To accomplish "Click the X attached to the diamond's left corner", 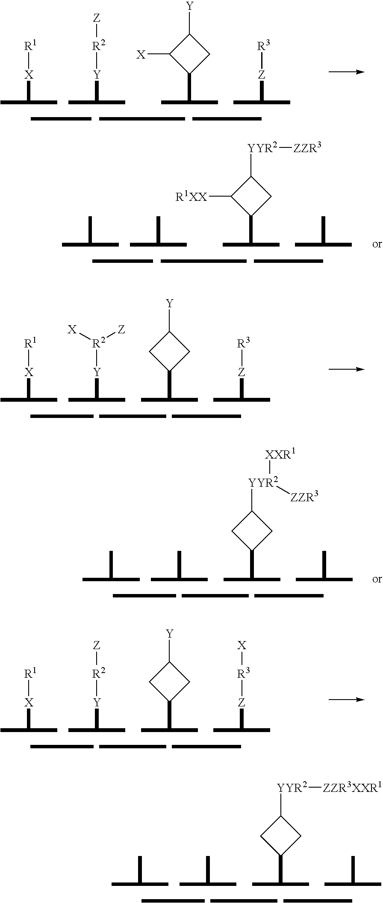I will (141, 55).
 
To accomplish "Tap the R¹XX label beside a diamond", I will (191, 197).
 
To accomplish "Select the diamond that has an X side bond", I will (190, 54).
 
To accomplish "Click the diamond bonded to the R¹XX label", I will (251, 197).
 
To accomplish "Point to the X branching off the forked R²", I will (72, 329).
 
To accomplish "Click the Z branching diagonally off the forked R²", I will (121, 329).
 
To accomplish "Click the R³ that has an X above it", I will (243, 674).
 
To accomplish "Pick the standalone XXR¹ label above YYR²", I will (280, 455).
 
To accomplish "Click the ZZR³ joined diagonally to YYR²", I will (304, 497).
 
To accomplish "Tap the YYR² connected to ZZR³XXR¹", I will (292, 788).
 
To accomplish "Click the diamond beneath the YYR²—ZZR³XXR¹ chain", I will (281, 836).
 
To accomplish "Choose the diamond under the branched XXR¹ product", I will (252, 531).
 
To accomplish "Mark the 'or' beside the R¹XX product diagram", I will (377, 244).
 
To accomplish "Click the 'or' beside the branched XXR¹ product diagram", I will (377, 579).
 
